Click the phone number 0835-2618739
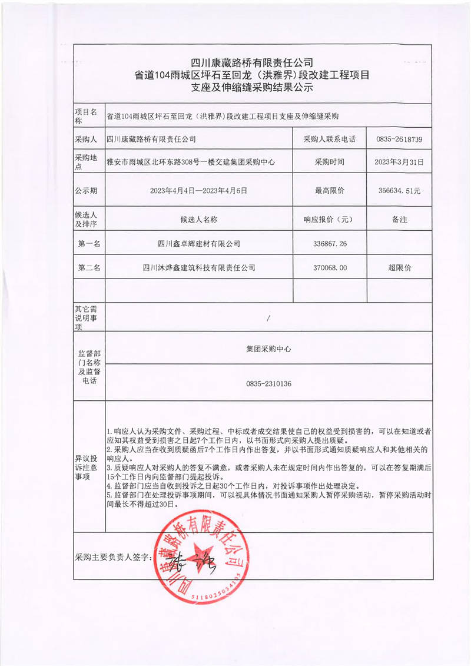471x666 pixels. [x=399, y=140]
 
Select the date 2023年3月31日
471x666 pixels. [x=399, y=161]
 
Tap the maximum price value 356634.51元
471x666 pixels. [x=399, y=191]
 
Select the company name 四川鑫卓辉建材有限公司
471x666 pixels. [x=199, y=243]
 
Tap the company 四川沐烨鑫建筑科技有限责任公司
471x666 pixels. [x=199, y=267]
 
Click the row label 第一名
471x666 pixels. [x=89, y=243]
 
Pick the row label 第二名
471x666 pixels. [x=89, y=267]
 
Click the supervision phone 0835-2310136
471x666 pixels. [x=268, y=383]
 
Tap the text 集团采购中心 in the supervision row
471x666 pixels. [x=268, y=349]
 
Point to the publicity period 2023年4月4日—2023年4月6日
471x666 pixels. [x=198, y=191]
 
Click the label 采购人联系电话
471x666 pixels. [x=329, y=140]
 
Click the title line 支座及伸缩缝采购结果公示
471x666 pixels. [x=251, y=88]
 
